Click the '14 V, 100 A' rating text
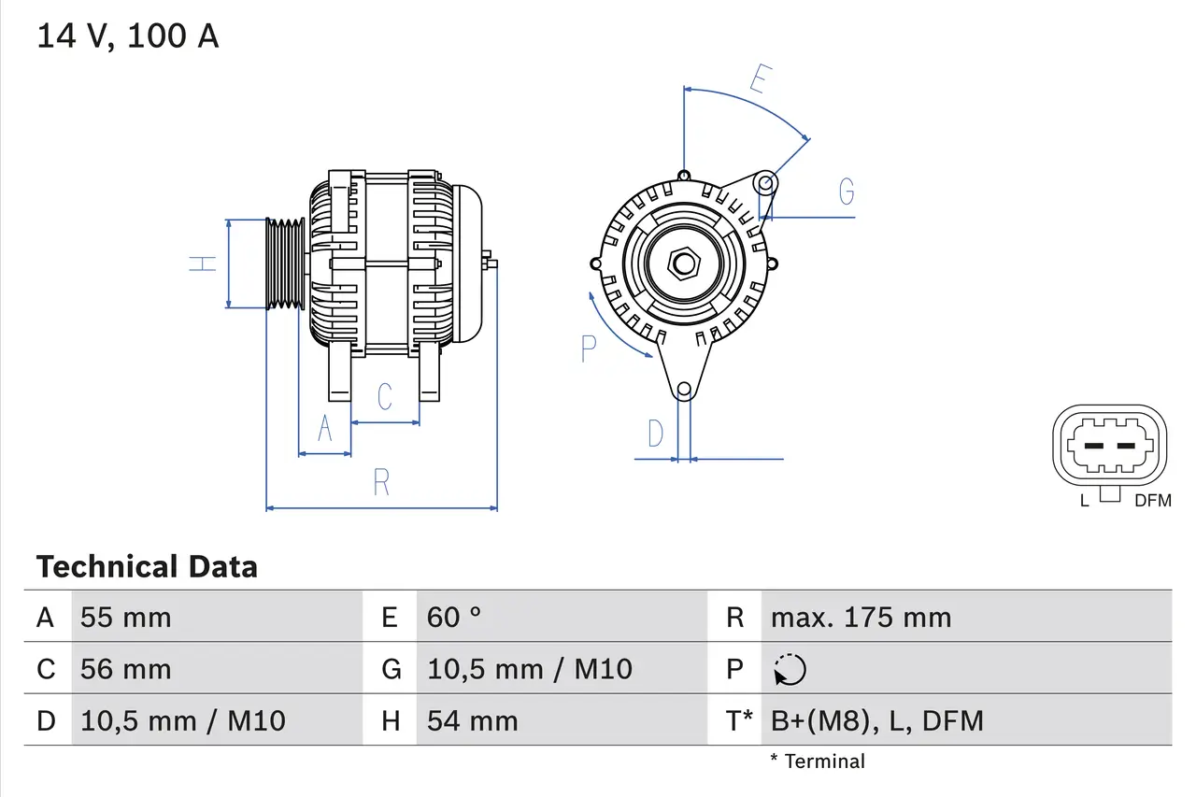[128, 36]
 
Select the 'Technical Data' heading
[147, 567]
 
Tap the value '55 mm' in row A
[126, 618]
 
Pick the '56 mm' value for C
[126, 669]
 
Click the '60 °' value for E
[454, 618]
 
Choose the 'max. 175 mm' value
[861, 618]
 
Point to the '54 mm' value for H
[472, 720]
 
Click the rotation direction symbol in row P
[790, 669]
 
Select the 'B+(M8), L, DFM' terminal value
[876, 720]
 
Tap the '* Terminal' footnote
[818, 761]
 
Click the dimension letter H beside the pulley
[203, 263]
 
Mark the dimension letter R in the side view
[381, 483]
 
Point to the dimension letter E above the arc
[759, 79]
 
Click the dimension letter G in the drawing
[847, 192]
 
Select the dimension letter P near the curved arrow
[588, 349]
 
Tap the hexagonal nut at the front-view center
[684, 263]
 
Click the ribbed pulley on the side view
[285, 263]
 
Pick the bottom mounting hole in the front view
[684, 389]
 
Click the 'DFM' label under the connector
[1152, 501]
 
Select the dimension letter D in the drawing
[656, 434]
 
